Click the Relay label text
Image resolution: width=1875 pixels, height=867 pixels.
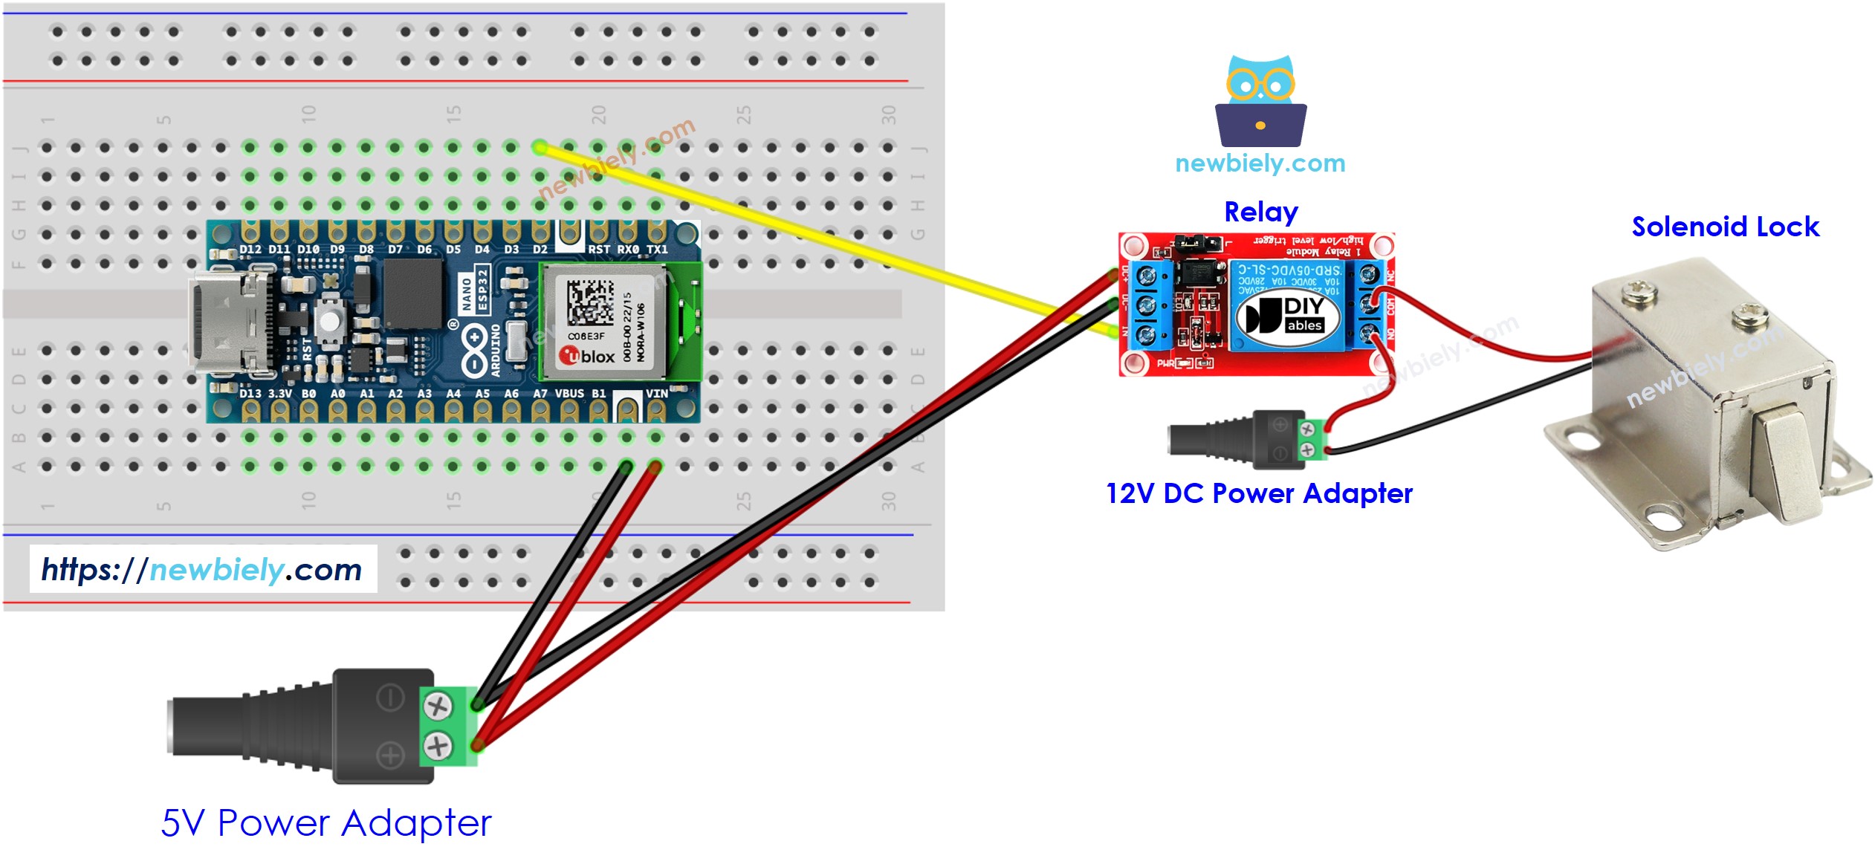coord(1260,212)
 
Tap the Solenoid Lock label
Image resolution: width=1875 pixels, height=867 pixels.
coord(1724,227)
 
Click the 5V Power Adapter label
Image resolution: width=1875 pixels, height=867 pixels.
coord(326,822)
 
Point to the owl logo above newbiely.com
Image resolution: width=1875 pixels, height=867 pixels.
coord(1260,100)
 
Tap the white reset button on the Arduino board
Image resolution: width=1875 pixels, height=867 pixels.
coord(328,322)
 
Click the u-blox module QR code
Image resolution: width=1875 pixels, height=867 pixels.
coord(590,302)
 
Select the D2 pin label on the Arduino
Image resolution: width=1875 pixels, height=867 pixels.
coord(540,250)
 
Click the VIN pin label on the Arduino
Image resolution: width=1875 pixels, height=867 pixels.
coord(656,394)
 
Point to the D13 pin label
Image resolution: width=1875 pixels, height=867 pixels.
coord(250,394)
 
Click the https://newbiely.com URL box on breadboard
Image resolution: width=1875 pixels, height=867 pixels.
coord(202,570)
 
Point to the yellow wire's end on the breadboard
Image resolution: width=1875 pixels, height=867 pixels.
coord(540,148)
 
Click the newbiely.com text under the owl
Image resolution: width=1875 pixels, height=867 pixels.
coord(1260,163)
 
